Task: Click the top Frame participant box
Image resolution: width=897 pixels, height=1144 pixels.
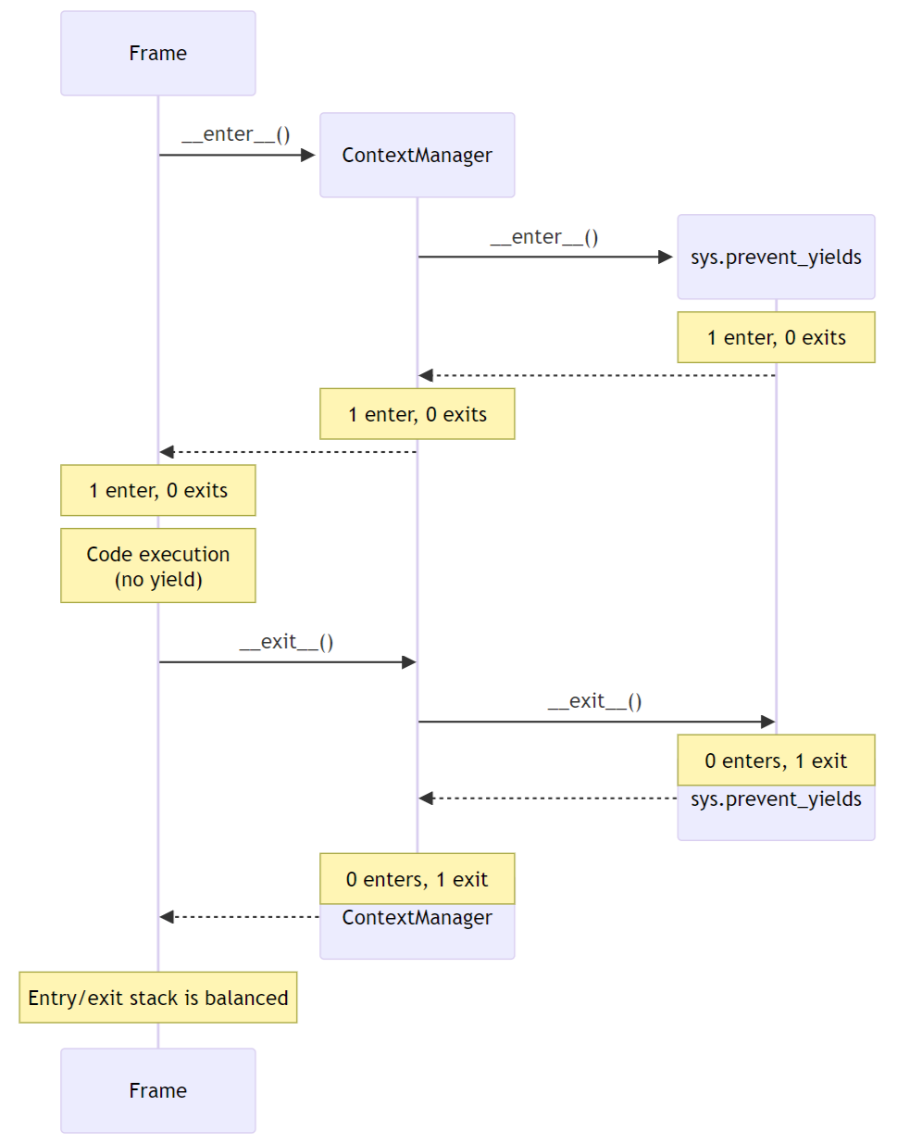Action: click(157, 53)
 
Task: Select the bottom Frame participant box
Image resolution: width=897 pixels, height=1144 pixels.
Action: click(157, 1090)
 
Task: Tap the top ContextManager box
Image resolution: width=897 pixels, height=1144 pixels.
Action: click(417, 155)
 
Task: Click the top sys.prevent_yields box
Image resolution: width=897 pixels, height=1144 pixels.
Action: click(776, 257)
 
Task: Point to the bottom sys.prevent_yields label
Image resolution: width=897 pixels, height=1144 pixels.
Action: click(776, 799)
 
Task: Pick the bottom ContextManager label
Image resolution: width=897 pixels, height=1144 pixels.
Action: click(417, 918)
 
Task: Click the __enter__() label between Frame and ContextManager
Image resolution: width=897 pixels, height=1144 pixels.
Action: click(236, 134)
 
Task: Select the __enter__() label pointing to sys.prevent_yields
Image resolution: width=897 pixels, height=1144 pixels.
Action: click(544, 237)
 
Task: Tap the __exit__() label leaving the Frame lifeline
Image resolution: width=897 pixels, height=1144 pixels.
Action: click(286, 642)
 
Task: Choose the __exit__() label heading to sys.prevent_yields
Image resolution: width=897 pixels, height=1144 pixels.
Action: click(594, 701)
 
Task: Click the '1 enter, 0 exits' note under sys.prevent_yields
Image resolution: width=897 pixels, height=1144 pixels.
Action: click(776, 337)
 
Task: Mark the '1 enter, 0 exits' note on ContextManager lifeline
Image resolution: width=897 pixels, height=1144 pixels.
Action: click(417, 414)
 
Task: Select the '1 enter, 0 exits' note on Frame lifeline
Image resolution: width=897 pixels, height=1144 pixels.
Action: click(157, 490)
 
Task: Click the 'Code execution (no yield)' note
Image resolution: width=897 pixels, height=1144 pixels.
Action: click(157, 566)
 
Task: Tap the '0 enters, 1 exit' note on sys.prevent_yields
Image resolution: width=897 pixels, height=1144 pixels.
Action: click(776, 761)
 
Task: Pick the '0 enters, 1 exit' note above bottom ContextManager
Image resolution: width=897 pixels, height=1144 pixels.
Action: click(417, 879)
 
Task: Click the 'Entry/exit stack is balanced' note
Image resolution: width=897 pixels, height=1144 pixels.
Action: click(157, 998)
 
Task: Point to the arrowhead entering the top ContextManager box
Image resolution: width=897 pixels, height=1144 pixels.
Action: click(308, 155)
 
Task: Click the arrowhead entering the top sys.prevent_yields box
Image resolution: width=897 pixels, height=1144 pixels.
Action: click(666, 257)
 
